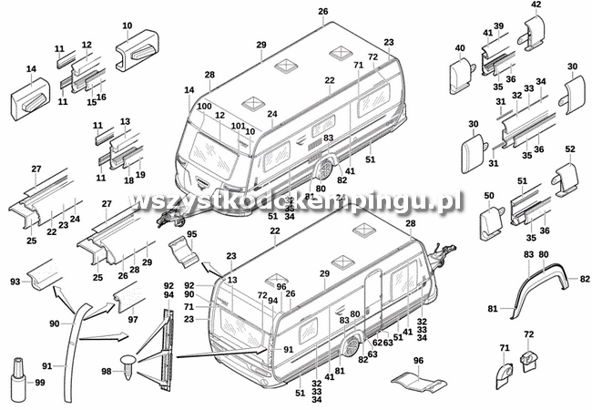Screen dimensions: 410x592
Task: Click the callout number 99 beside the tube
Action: (x=39, y=383)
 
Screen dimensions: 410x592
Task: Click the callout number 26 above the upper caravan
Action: (x=322, y=11)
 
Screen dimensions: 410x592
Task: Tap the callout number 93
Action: (x=15, y=282)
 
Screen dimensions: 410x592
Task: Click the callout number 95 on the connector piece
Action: (x=190, y=235)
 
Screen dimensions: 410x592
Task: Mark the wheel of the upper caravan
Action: (x=324, y=171)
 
